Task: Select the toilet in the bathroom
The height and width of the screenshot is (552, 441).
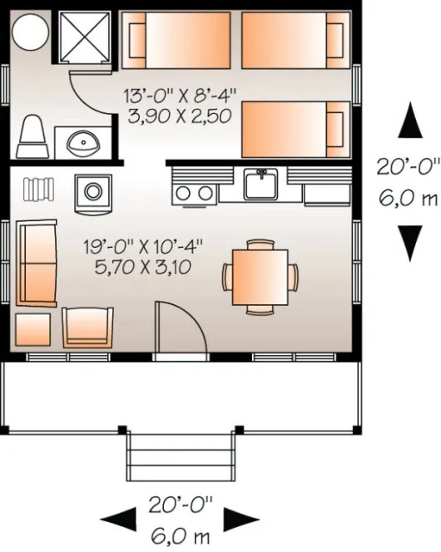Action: (x=32, y=134)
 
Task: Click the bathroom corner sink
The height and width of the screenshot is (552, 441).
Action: (x=82, y=141)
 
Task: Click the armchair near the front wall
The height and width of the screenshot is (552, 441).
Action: (x=88, y=327)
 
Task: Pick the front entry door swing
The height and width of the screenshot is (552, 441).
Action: (x=179, y=330)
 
